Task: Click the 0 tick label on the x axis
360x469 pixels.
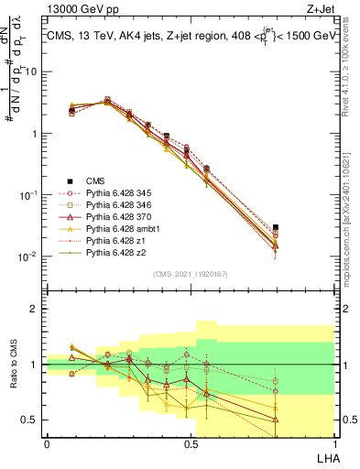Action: pos(47,443)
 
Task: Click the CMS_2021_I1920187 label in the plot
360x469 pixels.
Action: pos(191,273)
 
